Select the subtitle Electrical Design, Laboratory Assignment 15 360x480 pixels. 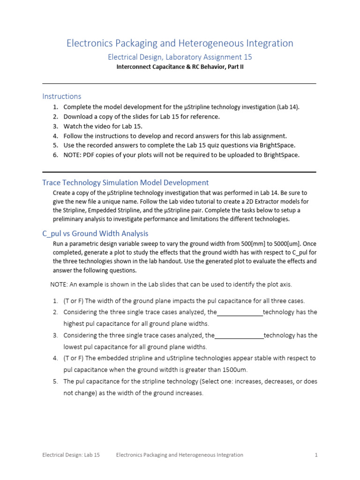tap(180, 57)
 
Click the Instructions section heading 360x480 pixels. tap(61, 97)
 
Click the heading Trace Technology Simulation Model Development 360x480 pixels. tap(126, 183)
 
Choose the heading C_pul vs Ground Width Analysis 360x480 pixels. tap(95, 233)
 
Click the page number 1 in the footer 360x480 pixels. tap(316, 455)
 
